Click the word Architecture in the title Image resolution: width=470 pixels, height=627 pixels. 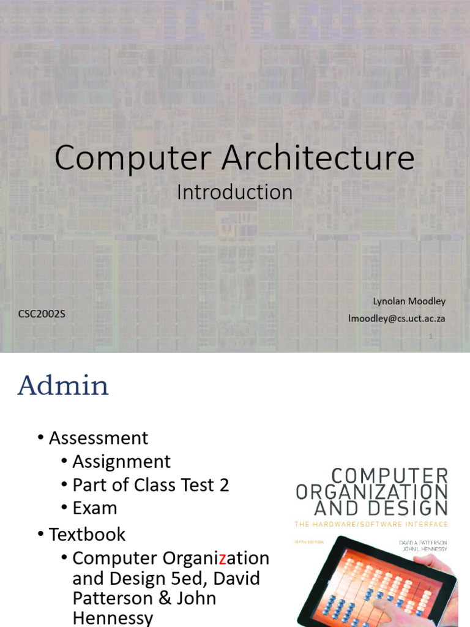[x=318, y=158]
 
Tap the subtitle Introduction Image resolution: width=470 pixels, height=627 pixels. [x=234, y=192]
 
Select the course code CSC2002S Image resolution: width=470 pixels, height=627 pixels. [x=42, y=315]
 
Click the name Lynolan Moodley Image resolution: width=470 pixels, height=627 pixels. [x=409, y=301]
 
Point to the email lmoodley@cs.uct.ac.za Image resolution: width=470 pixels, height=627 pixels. [x=397, y=318]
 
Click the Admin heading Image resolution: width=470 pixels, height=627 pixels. [x=63, y=386]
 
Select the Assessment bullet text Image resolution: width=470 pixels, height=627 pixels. [x=99, y=438]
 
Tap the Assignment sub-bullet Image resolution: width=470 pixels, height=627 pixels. [x=121, y=462]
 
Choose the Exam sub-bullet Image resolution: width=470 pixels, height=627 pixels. [x=94, y=508]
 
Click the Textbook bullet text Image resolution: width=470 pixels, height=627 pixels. [x=87, y=534]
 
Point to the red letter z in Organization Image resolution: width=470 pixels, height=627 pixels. [x=223, y=558]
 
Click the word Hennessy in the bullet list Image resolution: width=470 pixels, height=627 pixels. [x=113, y=618]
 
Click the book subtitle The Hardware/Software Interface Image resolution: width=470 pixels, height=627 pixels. [x=371, y=524]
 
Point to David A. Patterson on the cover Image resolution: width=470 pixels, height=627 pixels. [x=422, y=542]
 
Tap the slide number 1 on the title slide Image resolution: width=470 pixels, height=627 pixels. [x=431, y=336]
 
